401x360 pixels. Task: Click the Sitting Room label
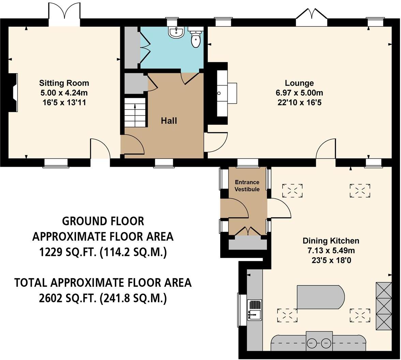(64, 83)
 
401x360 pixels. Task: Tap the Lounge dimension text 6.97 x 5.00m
(299, 93)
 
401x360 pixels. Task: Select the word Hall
(169, 121)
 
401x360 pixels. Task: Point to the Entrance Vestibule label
(247, 186)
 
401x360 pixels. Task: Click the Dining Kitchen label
(331, 241)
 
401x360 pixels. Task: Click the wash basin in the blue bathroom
(176, 32)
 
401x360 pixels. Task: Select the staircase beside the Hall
(135, 112)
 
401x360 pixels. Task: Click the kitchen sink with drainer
(254, 310)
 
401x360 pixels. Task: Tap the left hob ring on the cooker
(312, 343)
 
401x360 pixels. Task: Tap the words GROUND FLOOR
(103, 221)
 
